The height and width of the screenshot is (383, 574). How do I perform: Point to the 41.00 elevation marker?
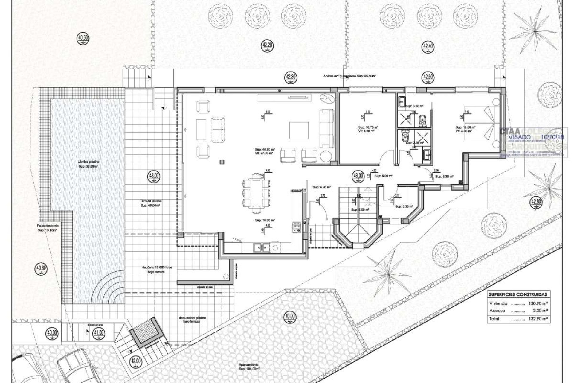pos(99,332)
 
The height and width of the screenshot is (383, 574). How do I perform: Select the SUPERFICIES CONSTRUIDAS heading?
pos(518,294)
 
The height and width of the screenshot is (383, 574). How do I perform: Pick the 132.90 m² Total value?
pos(540,319)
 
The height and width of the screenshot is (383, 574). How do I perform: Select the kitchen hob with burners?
pos(297,226)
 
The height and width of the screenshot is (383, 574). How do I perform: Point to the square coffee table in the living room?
pos(299,130)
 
